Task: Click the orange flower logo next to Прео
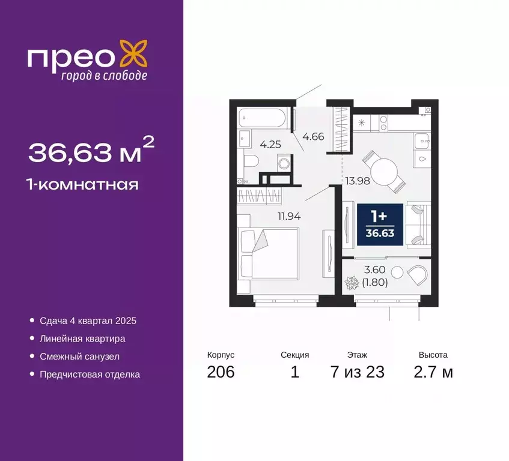pos(133,53)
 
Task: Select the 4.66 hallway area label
pos(313,136)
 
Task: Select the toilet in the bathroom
pos(251,160)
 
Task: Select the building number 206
pos(221,372)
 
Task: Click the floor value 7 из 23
pos(357,372)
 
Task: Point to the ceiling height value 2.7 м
pos(433,372)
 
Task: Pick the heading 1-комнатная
pos(84,184)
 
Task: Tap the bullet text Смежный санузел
pos(80,357)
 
